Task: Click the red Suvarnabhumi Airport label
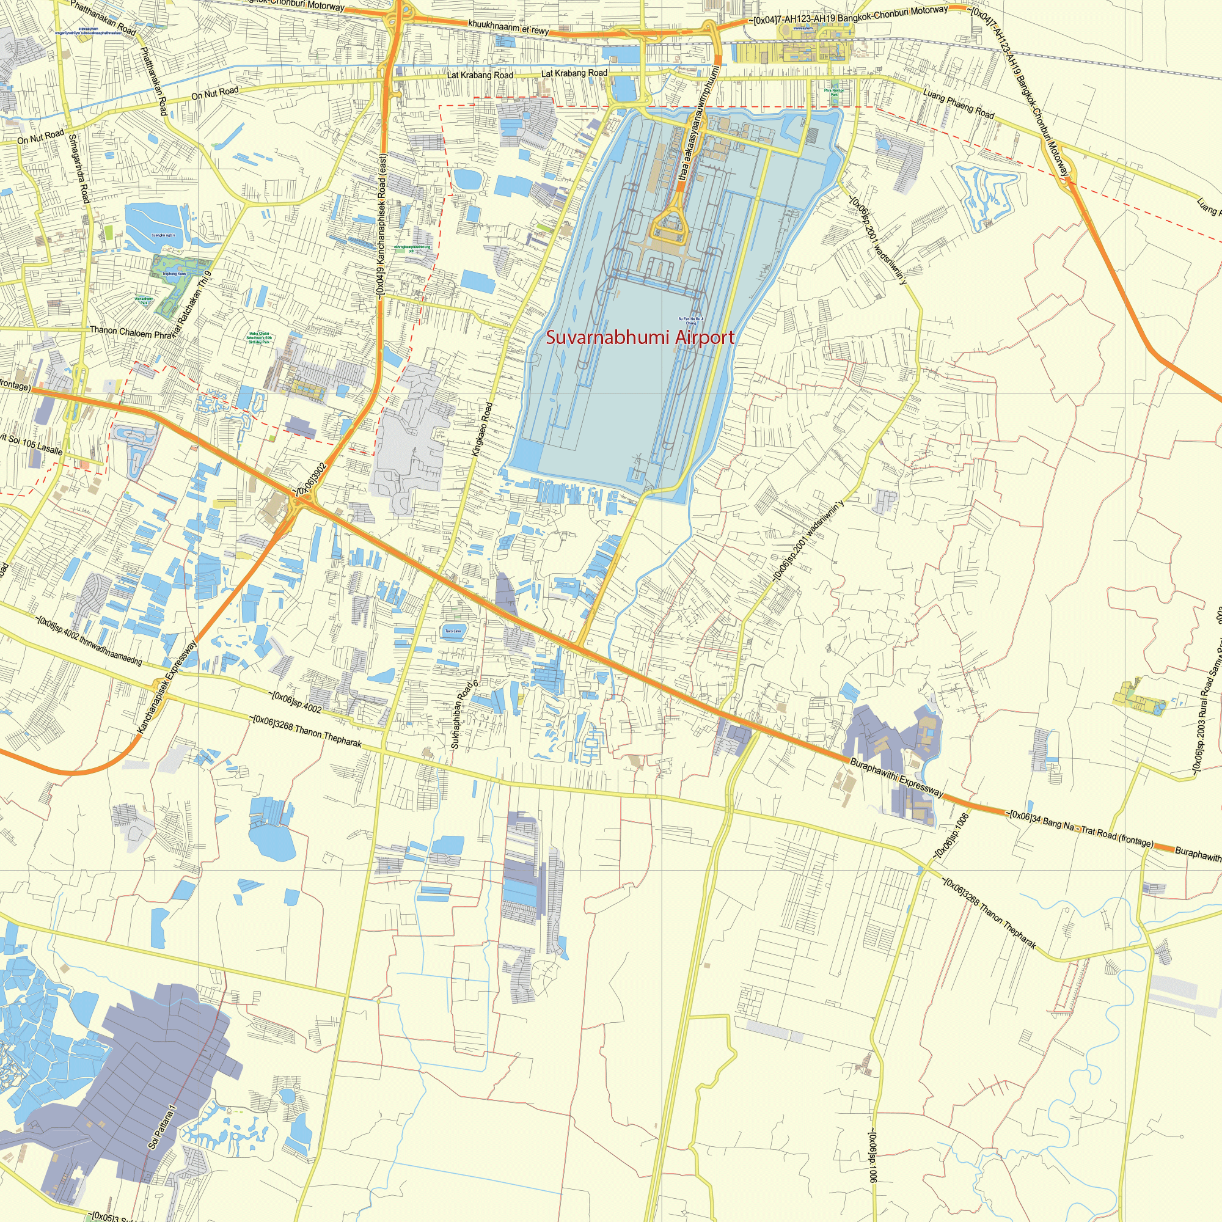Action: (640, 338)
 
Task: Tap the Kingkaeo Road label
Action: (482, 430)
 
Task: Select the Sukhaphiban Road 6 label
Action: (465, 714)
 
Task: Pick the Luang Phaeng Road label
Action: (958, 103)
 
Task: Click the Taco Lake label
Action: (453, 631)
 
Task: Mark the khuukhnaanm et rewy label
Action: (508, 27)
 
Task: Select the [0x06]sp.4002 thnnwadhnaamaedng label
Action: (89, 639)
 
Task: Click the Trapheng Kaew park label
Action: (174, 274)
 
